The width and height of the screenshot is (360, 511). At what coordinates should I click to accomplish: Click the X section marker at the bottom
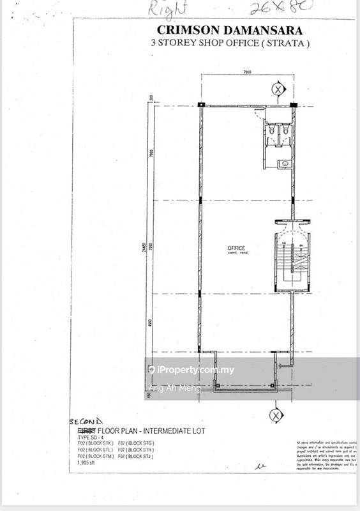click(x=276, y=415)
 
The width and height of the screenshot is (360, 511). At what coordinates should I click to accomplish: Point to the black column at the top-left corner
click(x=202, y=105)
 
